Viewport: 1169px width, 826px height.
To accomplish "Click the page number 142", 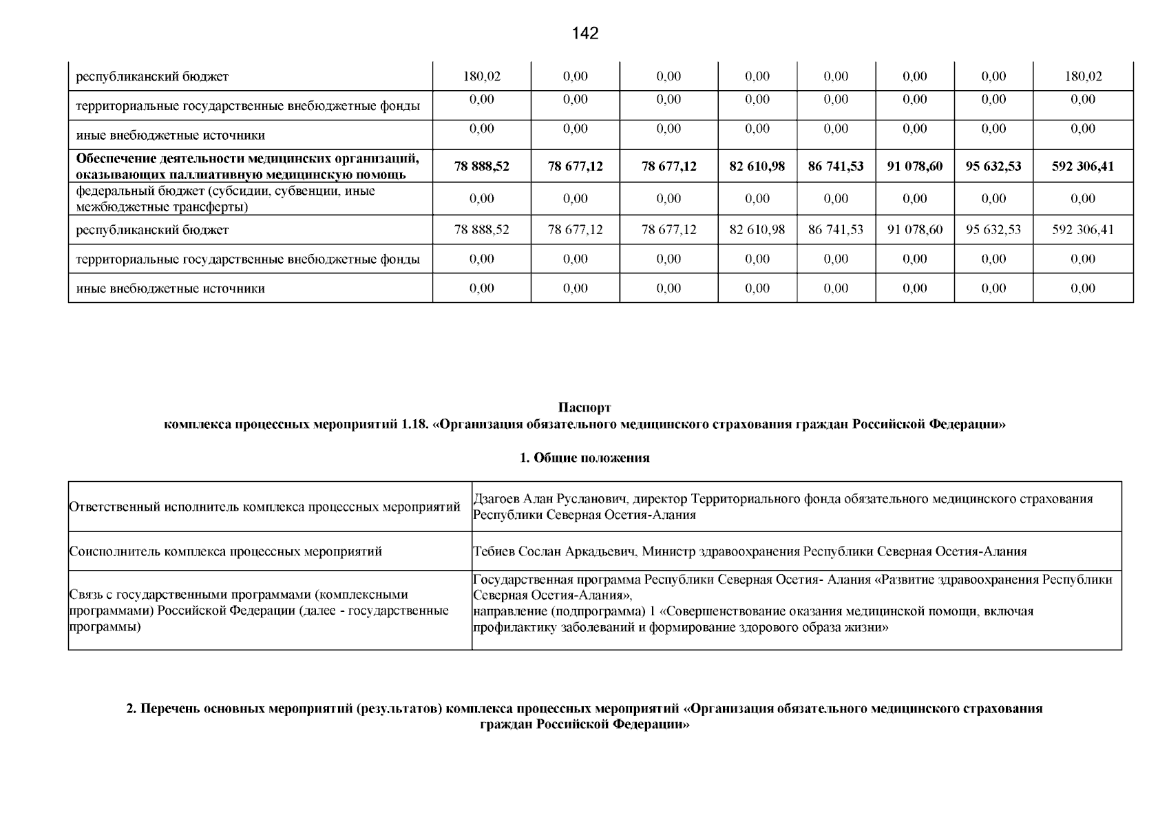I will coord(585,33).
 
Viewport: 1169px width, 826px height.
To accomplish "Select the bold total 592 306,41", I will coord(1082,166).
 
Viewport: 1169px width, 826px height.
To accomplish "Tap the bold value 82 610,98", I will coord(757,166).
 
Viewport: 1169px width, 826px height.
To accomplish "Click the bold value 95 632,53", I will coord(993,166).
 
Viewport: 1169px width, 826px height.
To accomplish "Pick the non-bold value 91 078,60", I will coord(914,229).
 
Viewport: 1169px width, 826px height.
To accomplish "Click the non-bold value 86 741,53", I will coord(835,229).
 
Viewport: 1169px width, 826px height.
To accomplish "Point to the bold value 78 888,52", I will coord(482,166).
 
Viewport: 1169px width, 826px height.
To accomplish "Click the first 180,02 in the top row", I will coord(482,76).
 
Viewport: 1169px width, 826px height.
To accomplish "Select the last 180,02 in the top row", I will coord(1082,76).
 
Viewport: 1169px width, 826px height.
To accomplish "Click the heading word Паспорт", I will coord(584,408).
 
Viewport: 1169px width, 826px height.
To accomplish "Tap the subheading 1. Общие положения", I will coord(584,458).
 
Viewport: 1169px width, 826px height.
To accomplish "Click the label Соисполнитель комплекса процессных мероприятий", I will coord(226,551).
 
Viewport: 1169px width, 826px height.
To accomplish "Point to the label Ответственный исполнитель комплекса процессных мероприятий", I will coord(264,507).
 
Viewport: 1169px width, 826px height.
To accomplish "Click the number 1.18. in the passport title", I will coord(413,425).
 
